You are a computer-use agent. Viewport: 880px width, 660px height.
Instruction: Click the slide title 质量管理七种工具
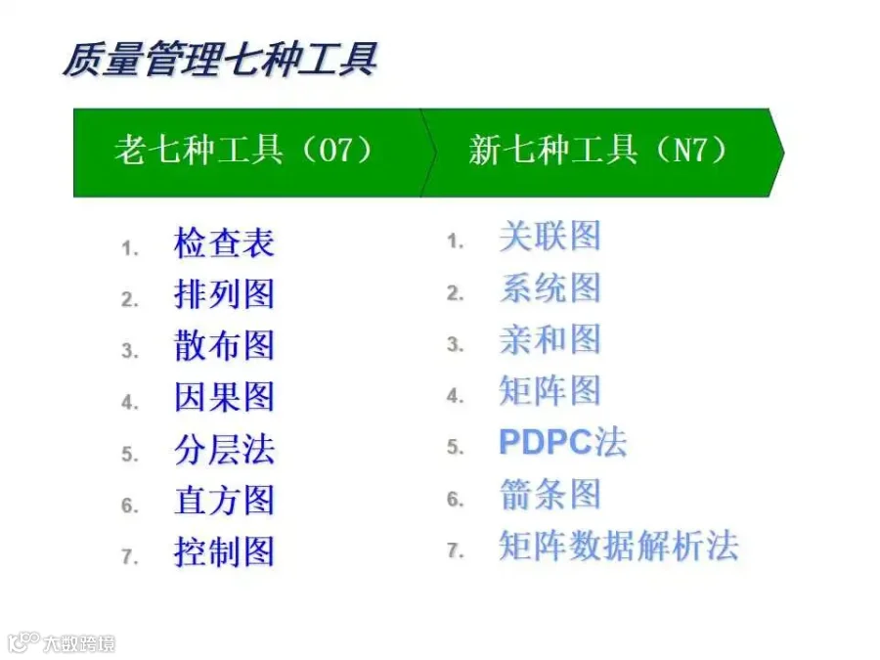click(x=219, y=60)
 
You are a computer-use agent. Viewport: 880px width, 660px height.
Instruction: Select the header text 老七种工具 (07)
click(x=243, y=151)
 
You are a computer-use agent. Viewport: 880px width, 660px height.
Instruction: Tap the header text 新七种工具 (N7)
click(x=598, y=151)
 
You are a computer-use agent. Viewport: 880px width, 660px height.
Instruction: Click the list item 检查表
click(x=224, y=243)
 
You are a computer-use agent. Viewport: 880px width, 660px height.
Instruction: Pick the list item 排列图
click(x=224, y=294)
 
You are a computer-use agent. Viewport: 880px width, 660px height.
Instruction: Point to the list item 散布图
click(x=224, y=345)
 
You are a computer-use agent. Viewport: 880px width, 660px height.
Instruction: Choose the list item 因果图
click(x=224, y=397)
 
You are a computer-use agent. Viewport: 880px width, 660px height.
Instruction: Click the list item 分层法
click(x=224, y=449)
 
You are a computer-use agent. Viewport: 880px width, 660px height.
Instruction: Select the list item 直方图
click(x=224, y=500)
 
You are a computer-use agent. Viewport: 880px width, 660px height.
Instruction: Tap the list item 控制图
click(x=224, y=551)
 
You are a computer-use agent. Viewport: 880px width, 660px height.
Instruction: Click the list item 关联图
click(x=550, y=236)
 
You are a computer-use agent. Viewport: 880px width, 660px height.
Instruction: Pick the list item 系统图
click(x=550, y=287)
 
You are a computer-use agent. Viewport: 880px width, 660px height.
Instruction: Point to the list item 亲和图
click(x=550, y=339)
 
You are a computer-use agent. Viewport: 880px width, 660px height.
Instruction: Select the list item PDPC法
click(x=562, y=442)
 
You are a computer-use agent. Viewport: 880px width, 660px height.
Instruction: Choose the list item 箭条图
click(x=550, y=494)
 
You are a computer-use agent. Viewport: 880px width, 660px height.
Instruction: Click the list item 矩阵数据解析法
click(x=619, y=546)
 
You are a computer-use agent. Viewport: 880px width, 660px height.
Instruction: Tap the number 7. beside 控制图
click(x=130, y=556)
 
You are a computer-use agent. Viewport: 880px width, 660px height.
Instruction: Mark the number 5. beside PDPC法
click(x=455, y=447)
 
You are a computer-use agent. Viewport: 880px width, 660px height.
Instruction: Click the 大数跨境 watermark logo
click(x=62, y=642)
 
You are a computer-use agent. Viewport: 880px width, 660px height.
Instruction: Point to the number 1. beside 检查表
click(x=130, y=248)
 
